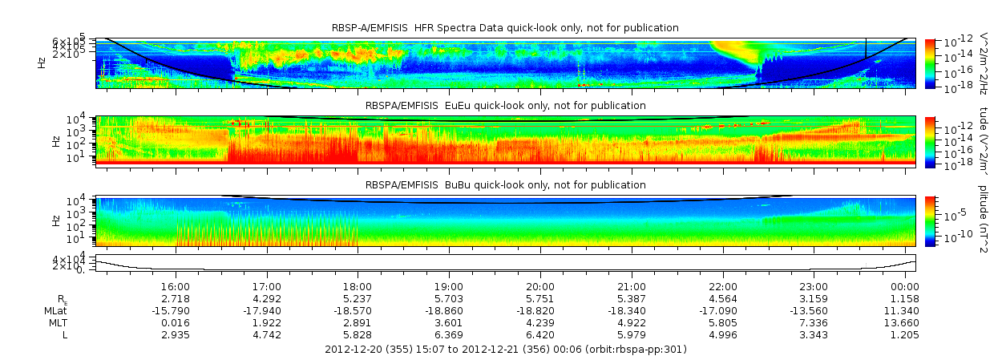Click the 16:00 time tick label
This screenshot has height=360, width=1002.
click(x=176, y=286)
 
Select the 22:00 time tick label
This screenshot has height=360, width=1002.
click(x=723, y=286)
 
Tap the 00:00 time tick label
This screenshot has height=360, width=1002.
click(x=905, y=286)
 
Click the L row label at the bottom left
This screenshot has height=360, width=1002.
click(x=65, y=334)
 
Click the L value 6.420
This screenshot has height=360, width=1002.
click(x=540, y=334)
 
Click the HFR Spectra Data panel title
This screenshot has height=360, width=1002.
click(x=505, y=28)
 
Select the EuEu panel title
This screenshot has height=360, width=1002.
click(x=505, y=106)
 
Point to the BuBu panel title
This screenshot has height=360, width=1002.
click(x=505, y=185)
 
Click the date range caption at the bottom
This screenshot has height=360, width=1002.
click(x=505, y=350)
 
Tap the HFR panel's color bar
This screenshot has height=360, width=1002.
click(x=930, y=62)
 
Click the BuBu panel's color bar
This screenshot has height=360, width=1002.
click(x=930, y=220)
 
